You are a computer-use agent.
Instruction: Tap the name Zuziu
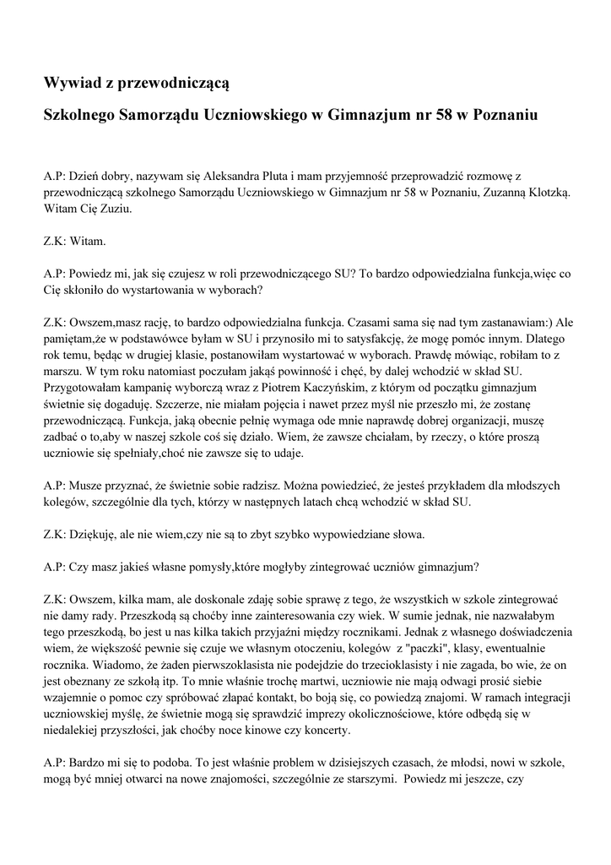[116, 208]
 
